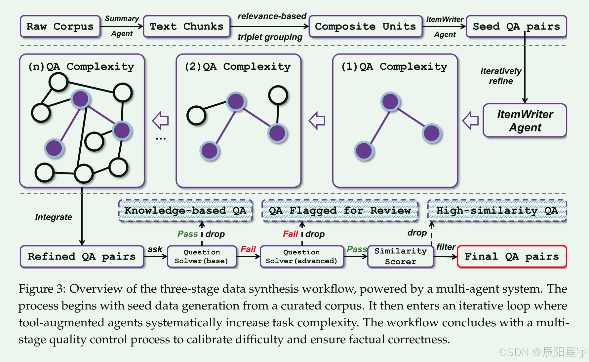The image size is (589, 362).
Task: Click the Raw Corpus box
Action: [x=60, y=26]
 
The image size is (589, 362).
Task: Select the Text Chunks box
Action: [x=187, y=26]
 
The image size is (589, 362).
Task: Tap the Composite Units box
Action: [x=365, y=26]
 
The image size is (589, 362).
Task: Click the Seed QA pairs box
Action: [x=516, y=26]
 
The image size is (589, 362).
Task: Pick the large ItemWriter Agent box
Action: [x=525, y=121]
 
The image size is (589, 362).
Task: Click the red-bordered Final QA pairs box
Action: [x=512, y=256]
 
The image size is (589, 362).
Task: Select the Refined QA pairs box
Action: [x=82, y=256]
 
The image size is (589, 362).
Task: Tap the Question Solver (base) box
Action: [x=202, y=256]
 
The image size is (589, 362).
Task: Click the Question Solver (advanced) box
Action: [x=301, y=256]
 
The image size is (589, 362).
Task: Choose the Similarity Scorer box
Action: [x=400, y=256]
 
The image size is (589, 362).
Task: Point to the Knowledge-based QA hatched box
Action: [x=185, y=210]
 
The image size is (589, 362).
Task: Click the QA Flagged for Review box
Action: [x=340, y=210]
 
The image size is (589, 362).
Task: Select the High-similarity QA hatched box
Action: [x=497, y=210]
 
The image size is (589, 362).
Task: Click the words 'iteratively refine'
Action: [x=501, y=76]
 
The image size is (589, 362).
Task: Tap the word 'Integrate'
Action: [x=54, y=217]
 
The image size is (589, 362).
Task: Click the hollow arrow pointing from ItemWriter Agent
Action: [x=471, y=121]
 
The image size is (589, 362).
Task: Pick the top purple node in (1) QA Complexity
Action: [x=390, y=101]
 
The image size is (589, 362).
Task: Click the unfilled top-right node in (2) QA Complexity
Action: [x=278, y=95]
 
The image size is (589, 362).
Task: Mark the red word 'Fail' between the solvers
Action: [x=248, y=249]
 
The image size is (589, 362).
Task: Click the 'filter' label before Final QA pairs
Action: [x=446, y=247]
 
